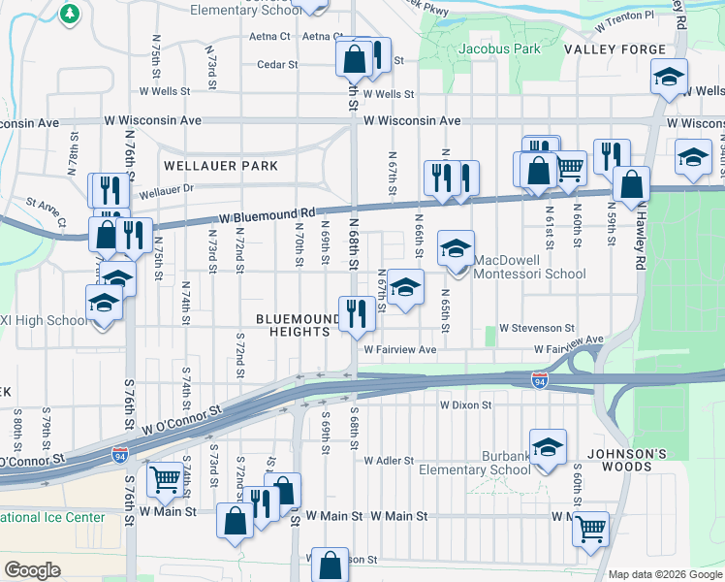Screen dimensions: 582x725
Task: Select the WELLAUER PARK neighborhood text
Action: pyautogui.click(x=221, y=166)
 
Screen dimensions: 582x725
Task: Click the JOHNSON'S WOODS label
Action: pyautogui.click(x=625, y=453)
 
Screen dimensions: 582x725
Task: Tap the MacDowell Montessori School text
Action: pyautogui.click(x=529, y=274)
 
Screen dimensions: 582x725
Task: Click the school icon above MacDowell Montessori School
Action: pyautogui.click(x=456, y=248)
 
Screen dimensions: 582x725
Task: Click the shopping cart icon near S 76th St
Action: pyautogui.click(x=165, y=479)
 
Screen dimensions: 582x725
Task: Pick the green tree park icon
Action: pyautogui.click(x=70, y=13)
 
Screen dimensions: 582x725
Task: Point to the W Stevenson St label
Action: pyautogui.click(x=537, y=329)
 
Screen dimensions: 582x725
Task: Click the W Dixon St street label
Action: pyautogui.click(x=466, y=405)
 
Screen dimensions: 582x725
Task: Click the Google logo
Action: pyautogui.click(x=32, y=570)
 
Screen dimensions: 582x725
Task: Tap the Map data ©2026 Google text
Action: pyautogui.click(x=664, y=574)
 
